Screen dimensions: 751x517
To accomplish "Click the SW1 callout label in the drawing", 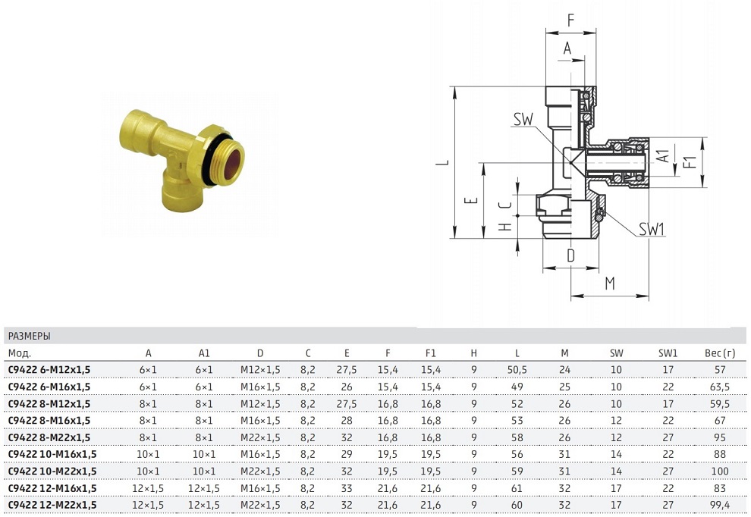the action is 652,229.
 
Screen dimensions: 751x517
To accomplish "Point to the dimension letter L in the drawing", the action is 443,162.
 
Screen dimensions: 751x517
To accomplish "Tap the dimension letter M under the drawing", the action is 610,284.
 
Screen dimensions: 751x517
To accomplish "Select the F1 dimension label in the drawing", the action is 690,161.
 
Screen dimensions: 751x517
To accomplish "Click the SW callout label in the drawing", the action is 523,119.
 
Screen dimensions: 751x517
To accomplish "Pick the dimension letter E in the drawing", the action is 472,201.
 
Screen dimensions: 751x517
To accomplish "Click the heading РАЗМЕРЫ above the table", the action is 30,336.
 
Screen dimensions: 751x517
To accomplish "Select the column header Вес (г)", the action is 719,353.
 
